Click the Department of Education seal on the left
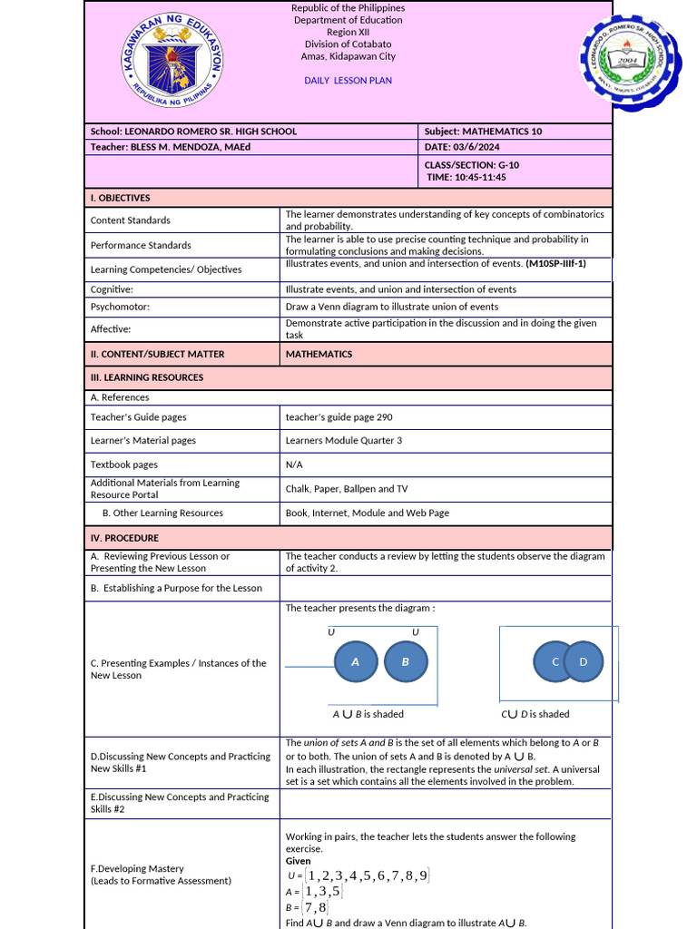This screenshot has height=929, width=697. coord(173,62)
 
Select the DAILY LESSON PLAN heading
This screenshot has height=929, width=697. coord(348,81)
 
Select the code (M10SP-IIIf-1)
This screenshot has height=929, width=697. coord(555,264)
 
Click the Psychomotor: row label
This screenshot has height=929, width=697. coord(124,307)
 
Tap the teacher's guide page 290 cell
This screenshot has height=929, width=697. coord(339,417)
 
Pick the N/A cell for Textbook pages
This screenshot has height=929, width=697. coord(294,464)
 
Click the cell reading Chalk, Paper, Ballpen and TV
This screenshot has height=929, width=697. coord(346,489)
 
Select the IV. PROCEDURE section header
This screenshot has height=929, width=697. coord(124,538)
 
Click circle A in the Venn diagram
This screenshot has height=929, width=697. coord(356,662)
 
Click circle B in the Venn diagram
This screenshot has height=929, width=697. coord(406,662)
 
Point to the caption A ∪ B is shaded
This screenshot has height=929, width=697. coord(368,715)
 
